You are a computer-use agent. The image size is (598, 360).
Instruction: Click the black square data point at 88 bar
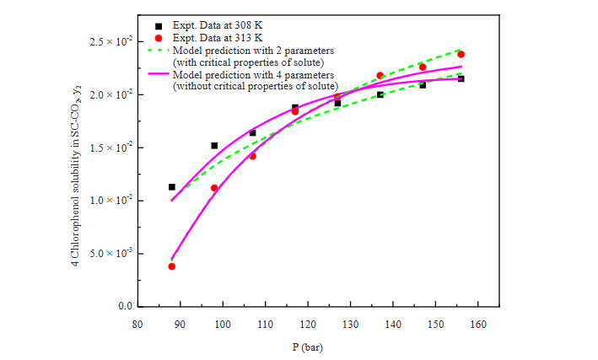click(x=172, y=187)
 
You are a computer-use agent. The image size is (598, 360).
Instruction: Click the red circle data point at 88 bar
click(x=172, y=266)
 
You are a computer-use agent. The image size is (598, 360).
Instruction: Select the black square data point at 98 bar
click(x=214, y=146)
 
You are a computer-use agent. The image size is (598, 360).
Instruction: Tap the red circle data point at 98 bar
click(x=214, y=188)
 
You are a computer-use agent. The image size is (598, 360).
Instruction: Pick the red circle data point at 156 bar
click(x=461, y=54)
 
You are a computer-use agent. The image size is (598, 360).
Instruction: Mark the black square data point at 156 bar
click(x=461, y=78)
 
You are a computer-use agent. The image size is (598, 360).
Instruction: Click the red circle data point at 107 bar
click(x=252, y=156)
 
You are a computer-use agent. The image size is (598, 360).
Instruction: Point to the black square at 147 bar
click(x=423, y=85)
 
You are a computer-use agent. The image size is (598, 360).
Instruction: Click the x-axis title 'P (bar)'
click(x=307, y=346)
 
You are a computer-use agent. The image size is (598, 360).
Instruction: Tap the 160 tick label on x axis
click(x=478, y=324)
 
